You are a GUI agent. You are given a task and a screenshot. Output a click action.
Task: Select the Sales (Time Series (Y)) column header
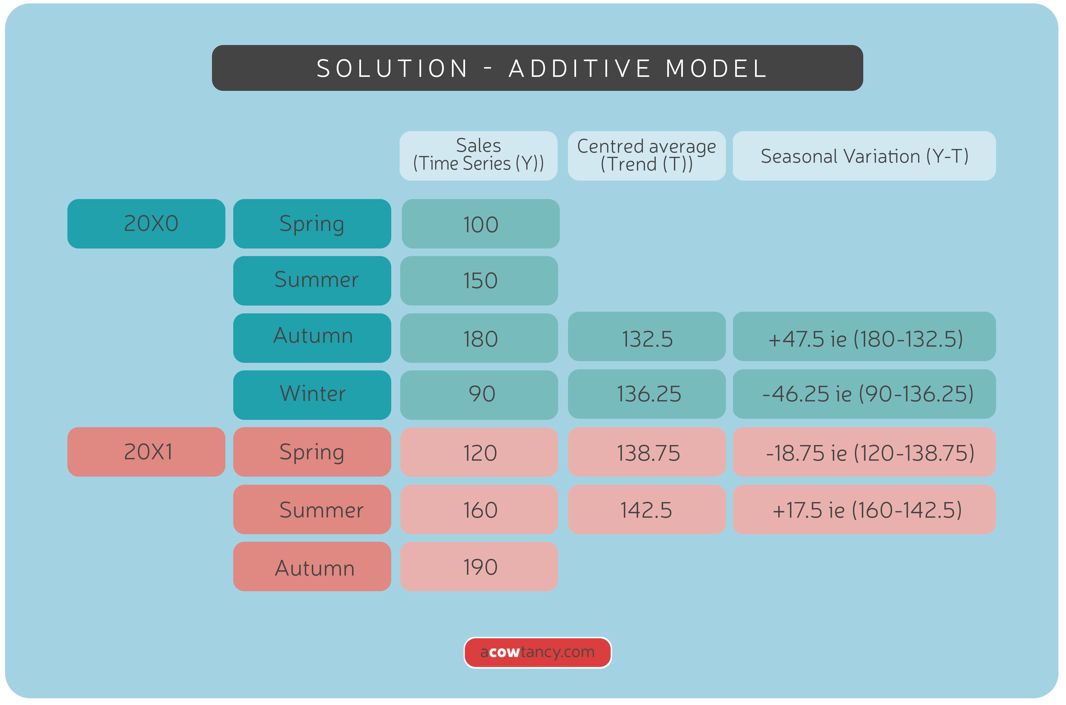(x=478, y=156)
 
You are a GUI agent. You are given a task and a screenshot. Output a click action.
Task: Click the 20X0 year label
(x=146, y=223)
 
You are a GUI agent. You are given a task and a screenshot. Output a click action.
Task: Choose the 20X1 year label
(x=146, y=451)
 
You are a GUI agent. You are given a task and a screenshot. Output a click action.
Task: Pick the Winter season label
(x=312, y=394)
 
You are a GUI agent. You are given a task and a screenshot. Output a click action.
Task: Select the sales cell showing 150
(x=479, y=281)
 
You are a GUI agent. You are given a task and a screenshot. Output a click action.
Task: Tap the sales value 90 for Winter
(x=479, y=394)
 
